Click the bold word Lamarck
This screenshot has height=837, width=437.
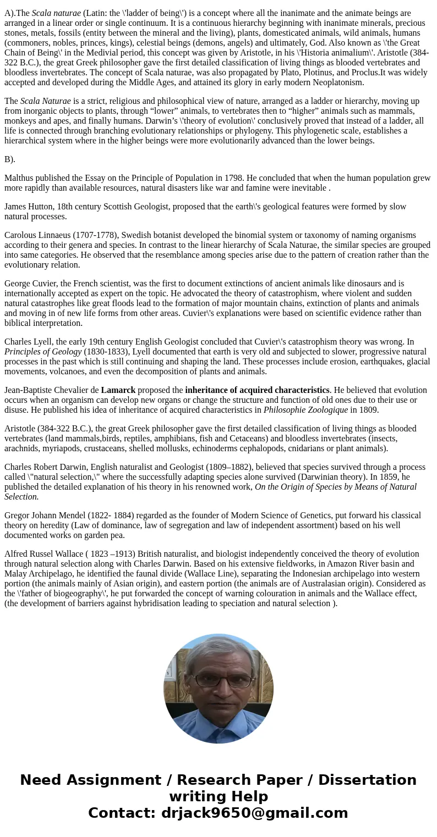[118, 390]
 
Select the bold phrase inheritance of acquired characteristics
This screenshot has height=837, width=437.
[257, 390]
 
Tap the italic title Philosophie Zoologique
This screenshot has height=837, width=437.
[305, 410]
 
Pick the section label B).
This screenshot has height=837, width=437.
[10, 159]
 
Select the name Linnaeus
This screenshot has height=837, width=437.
[56, 235]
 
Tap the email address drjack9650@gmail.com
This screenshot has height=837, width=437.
[255, 813]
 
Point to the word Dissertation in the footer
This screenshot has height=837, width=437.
[367, 780]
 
